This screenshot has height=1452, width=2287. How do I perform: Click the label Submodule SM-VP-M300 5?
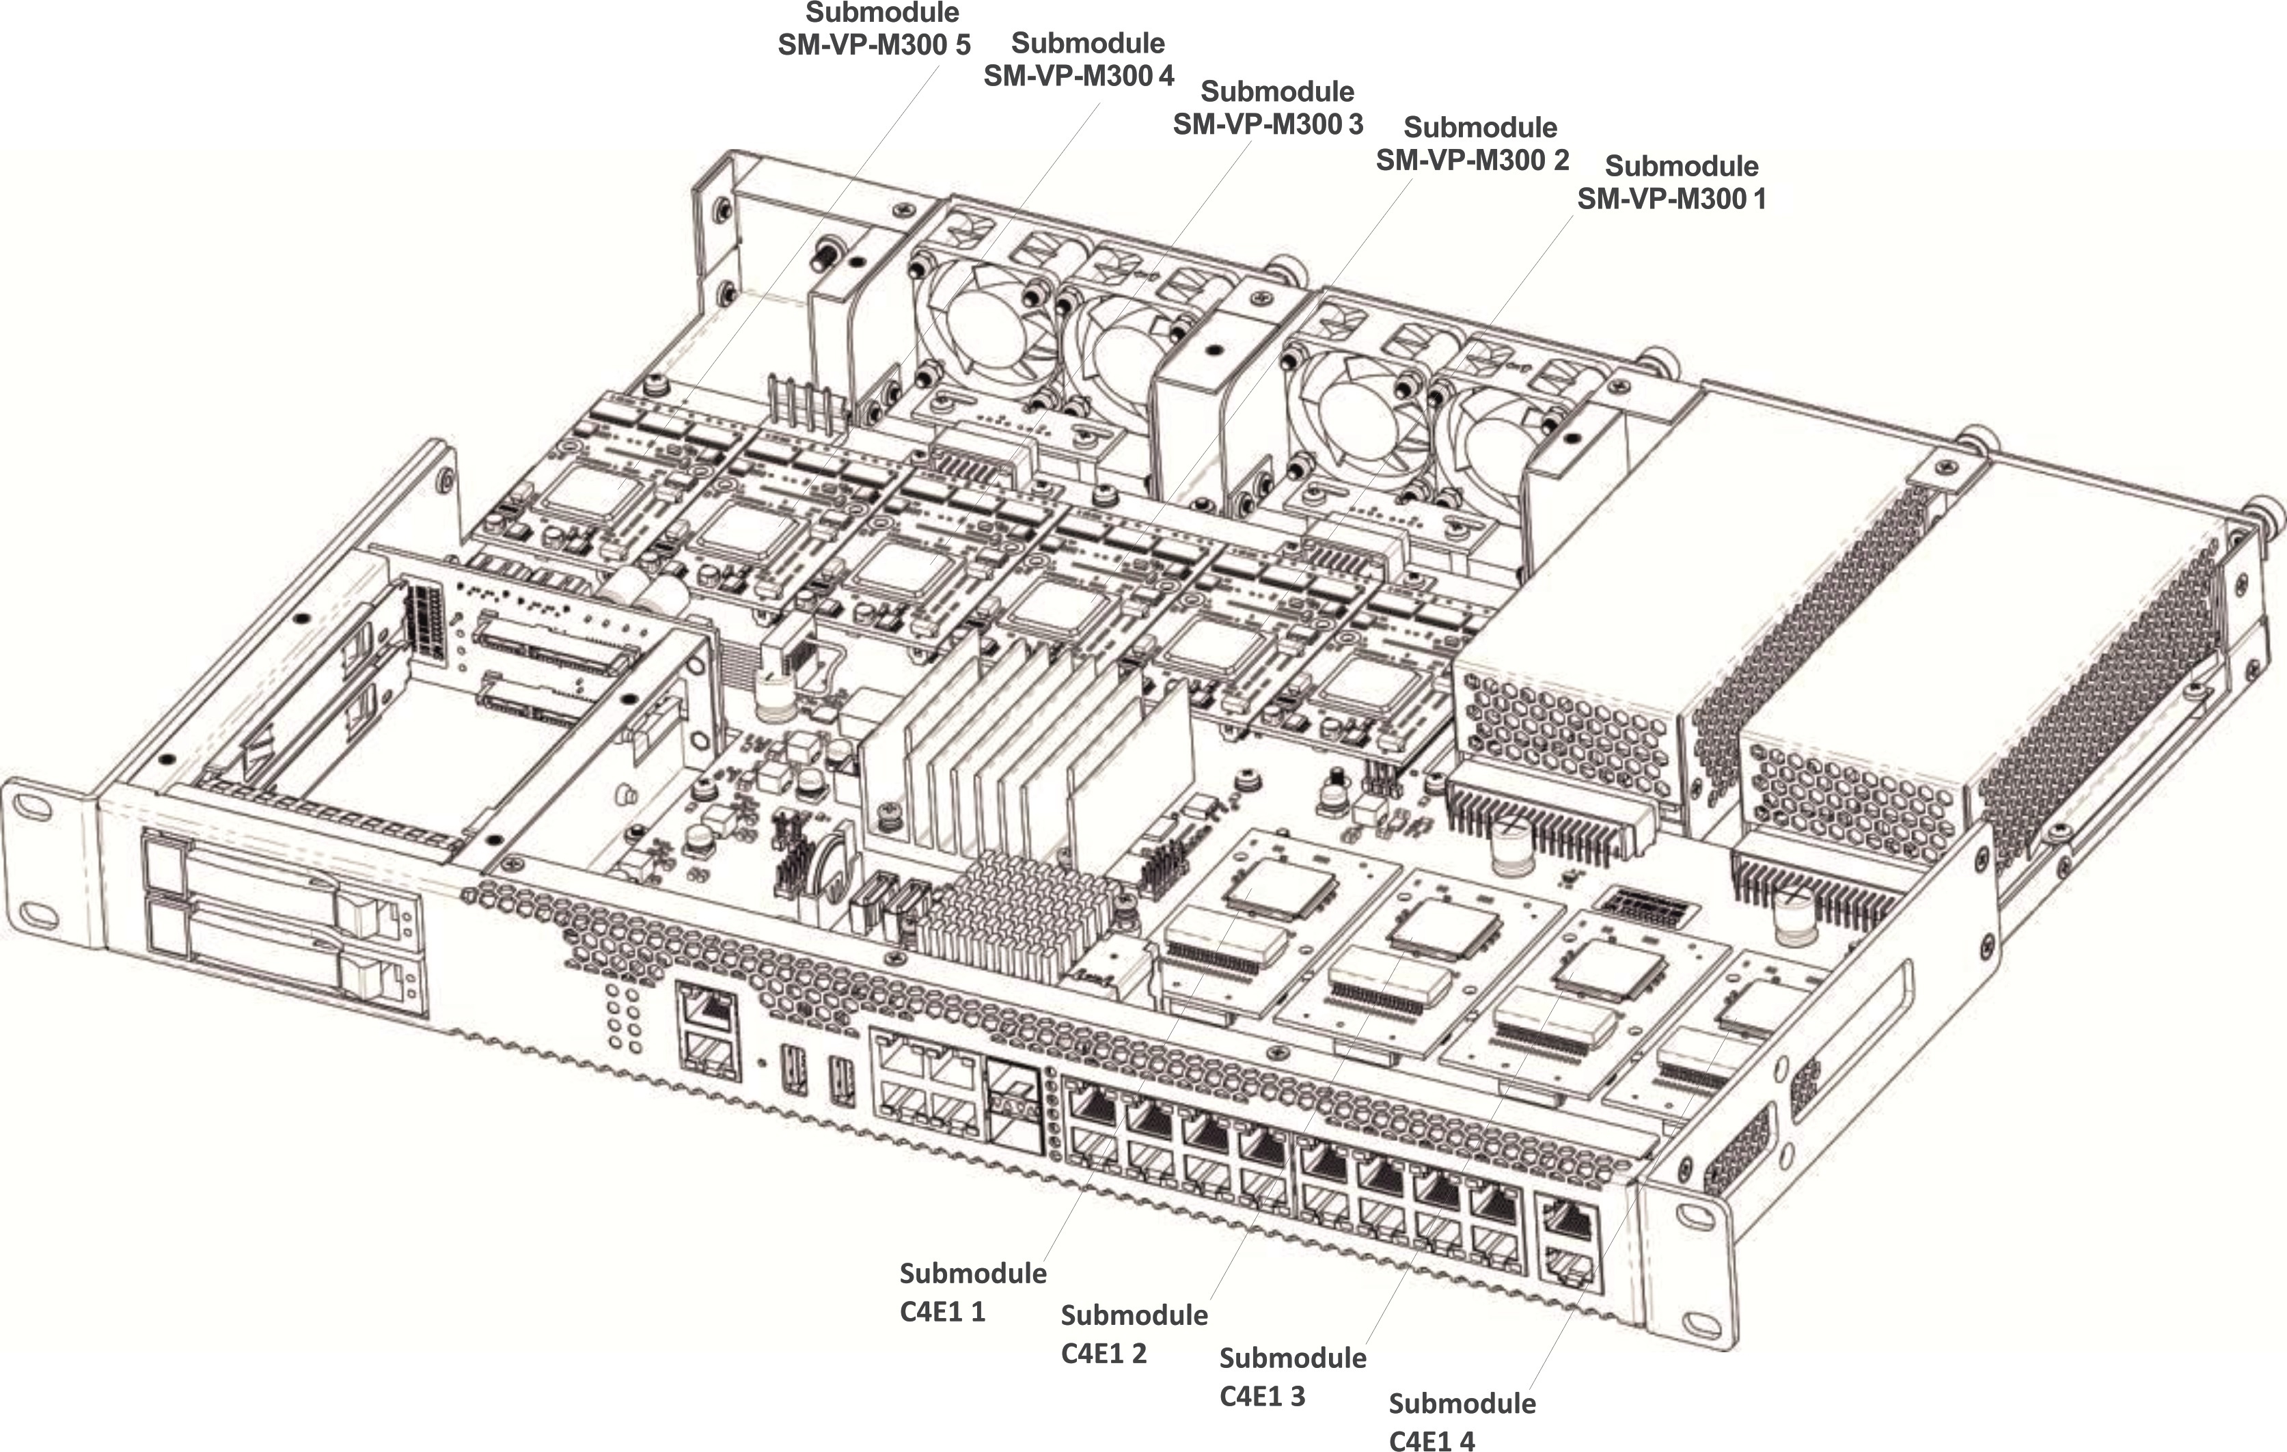point(874,29)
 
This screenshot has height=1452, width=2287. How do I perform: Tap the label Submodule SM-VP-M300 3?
point(1269,108)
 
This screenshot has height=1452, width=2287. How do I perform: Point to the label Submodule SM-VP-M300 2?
point(1473,143)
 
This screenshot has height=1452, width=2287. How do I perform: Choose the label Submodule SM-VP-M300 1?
point(1673,182)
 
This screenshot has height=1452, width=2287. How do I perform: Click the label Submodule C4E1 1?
point(972,1291)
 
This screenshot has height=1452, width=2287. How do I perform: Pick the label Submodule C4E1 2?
point(1134,1333)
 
